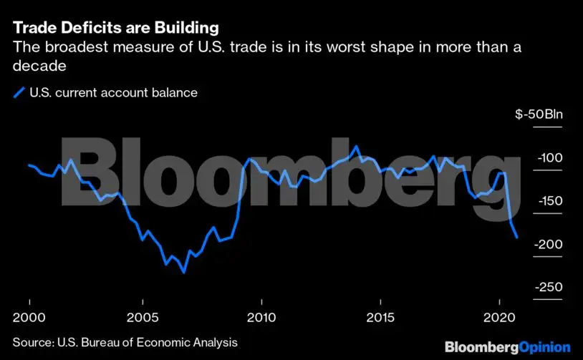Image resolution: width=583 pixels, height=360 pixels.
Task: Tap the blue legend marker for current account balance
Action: pos(18,92)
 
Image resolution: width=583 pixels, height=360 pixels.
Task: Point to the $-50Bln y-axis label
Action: pos(544,115)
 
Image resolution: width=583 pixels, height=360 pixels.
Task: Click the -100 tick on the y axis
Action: pos(551,158)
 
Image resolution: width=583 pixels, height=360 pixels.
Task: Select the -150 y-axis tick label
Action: pos(551,201)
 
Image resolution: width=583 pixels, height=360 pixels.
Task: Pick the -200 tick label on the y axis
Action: pos(551,244)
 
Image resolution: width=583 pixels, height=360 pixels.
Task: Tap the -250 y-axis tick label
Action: pos(551,287)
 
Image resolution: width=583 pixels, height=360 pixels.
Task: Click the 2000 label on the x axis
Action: pos(29,316)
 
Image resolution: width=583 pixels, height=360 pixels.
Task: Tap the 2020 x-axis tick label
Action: pos(496,316)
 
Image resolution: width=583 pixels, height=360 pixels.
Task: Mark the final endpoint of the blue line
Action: pos(517,237)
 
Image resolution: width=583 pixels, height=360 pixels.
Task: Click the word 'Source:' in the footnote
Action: pos(34,343)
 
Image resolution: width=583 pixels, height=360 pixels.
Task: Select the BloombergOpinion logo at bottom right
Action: pos(508,346)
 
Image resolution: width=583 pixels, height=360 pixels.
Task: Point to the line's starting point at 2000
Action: pos(29,165)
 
